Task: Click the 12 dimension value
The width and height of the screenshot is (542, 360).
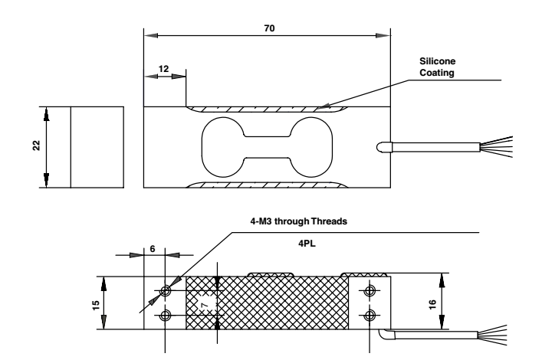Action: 163,68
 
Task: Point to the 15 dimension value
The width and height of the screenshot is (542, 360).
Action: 95,303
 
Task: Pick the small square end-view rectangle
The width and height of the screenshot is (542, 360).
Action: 97,147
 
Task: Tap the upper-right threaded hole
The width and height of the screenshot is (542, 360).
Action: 371,290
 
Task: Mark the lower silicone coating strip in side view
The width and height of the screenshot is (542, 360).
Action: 268,185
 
